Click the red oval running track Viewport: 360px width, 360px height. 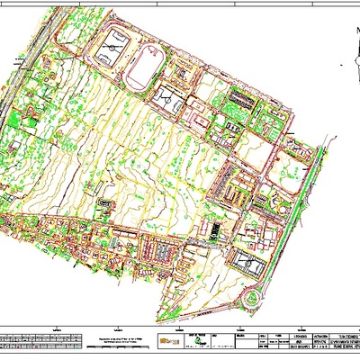coord(143,69)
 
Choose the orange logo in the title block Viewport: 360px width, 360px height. coord(167,343)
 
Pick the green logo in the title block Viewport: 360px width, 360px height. coord(191,343)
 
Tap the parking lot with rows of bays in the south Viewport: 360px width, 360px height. coord(162,253)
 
